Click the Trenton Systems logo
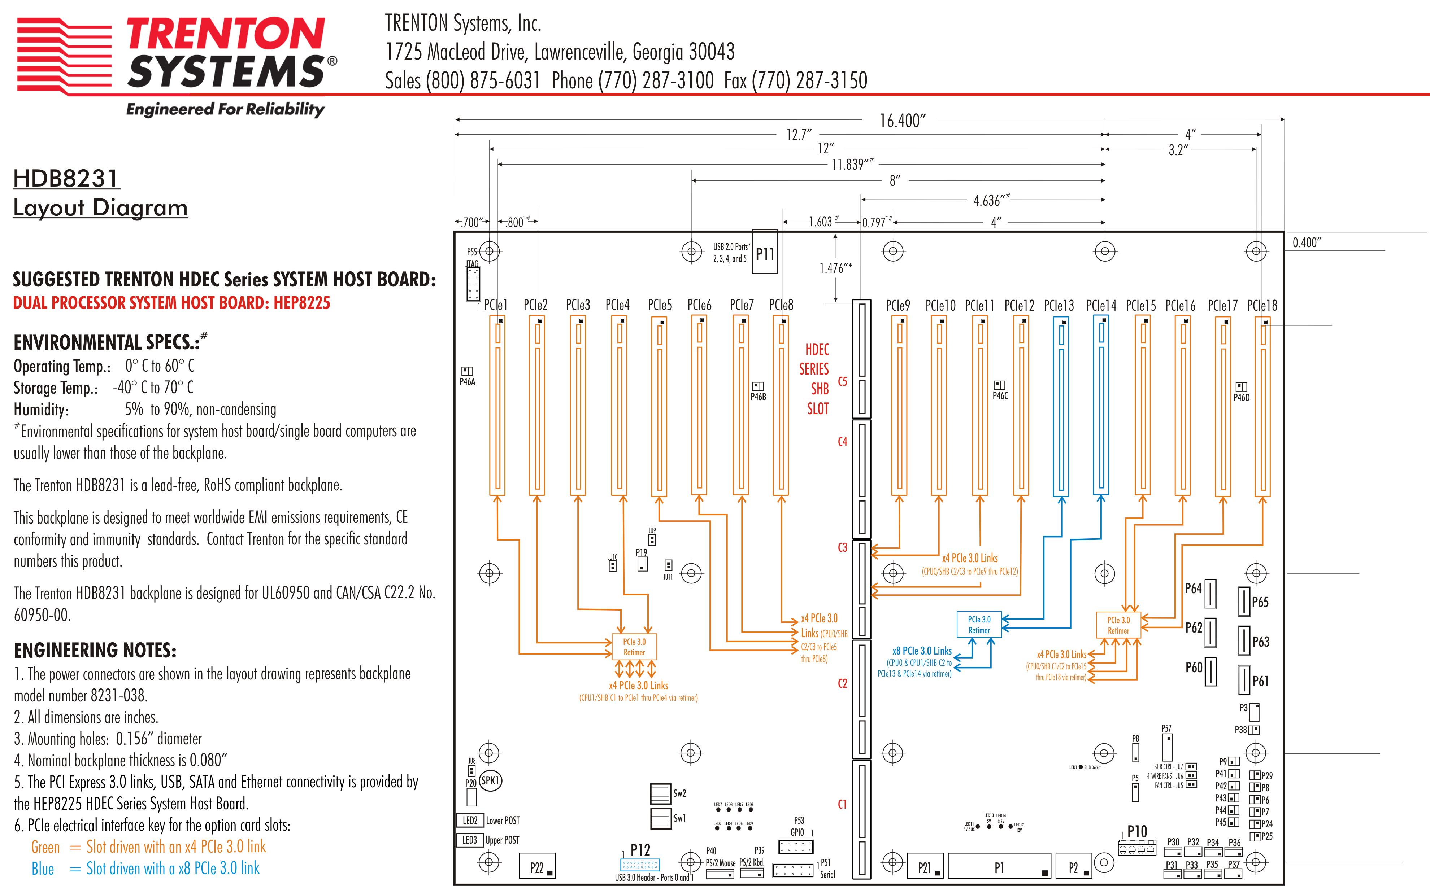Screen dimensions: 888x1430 176,56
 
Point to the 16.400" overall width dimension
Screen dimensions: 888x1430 902,121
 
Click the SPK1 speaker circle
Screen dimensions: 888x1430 490,780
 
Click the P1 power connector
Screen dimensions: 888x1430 999,867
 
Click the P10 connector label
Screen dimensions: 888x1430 1137,831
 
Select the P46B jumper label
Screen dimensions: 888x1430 758,397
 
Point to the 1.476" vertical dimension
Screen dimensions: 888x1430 835,268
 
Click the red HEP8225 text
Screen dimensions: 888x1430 302,303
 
